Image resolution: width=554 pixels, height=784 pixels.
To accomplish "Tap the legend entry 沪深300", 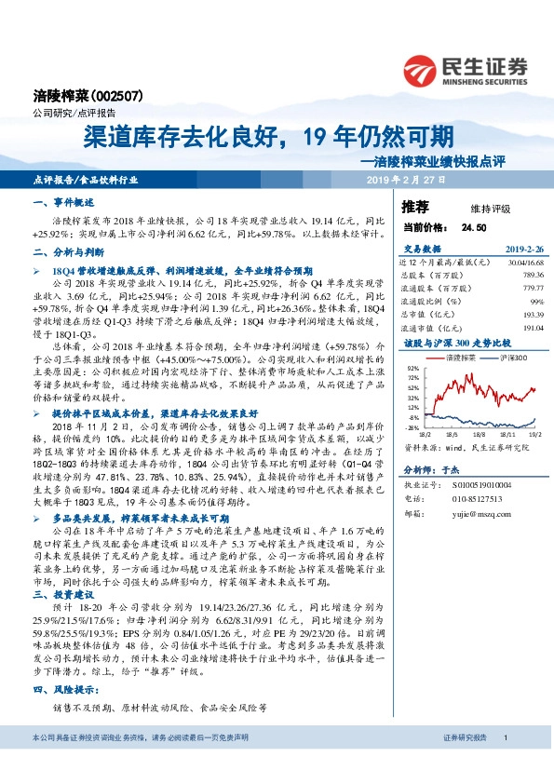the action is [493, 358].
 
